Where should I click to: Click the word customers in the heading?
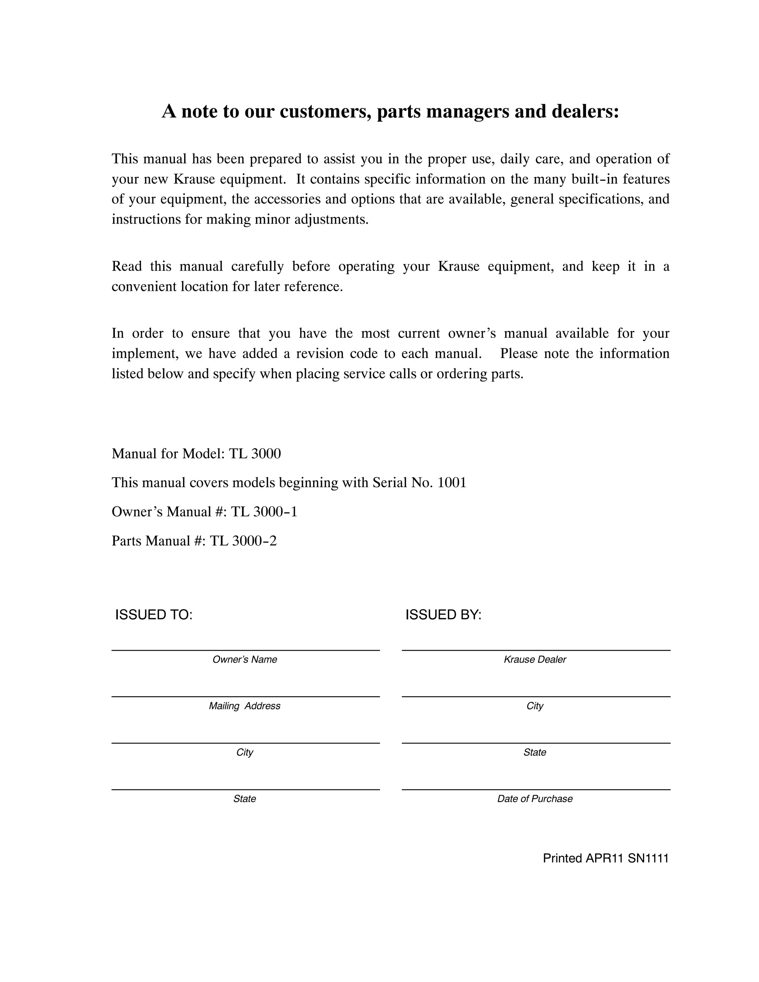point(325,112)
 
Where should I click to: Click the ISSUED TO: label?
point(154,615)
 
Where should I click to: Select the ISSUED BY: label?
point(443,615)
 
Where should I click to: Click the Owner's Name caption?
point(245,660)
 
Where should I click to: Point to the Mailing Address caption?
point(245,706)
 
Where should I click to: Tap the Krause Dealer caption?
point(535,660)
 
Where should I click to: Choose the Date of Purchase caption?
point(535,799)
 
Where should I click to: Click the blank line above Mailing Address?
point(245,697)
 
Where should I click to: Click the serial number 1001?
point(451,482)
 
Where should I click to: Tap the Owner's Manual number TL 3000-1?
point(264,512)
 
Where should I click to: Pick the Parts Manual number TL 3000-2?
point(243,540)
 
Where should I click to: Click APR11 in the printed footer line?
point(604,858)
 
